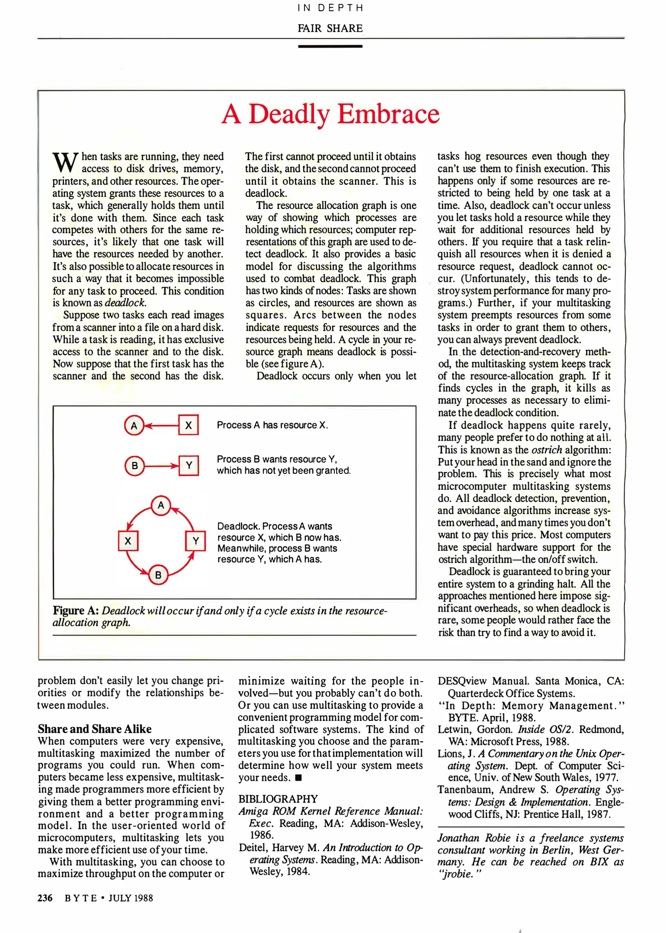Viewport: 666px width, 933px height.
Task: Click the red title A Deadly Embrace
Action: pos(330,114)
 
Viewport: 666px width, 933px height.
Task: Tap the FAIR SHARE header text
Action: pos(330,28)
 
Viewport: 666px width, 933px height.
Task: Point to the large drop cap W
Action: pos(65,162)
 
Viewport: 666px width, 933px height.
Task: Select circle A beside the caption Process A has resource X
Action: pos(134,425)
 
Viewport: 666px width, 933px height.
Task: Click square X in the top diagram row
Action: pos(188,425)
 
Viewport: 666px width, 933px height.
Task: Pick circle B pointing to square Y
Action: pos(134,466)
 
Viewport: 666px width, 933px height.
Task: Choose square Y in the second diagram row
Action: pos(189,466)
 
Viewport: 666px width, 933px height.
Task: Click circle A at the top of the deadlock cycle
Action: pos(161,505)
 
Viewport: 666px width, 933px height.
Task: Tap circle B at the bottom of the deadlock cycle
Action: pos(158,575)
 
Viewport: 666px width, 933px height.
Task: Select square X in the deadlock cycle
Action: pos(128,541)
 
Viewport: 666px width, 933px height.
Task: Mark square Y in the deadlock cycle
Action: pos(195,541)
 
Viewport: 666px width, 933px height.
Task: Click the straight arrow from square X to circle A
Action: pos(162,426)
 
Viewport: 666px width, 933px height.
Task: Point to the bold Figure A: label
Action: pos(76,611)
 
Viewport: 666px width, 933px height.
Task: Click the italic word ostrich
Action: pos(546,450)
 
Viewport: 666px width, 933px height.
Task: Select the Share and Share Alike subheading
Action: pos(95,729)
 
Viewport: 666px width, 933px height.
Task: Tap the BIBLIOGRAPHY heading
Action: pos(278,799)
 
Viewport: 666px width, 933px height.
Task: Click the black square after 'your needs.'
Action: pos(298,778)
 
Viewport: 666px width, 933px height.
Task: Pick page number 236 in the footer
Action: pos(45,898)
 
